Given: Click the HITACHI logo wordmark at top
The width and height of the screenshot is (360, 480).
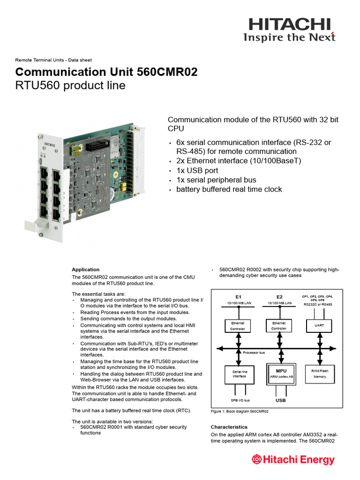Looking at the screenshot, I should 289,24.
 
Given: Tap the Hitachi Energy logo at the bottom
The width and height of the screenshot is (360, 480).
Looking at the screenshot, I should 293,459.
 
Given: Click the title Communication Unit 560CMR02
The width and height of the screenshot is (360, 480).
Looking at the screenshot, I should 106,72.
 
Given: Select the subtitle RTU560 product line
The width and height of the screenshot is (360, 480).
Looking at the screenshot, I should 70,85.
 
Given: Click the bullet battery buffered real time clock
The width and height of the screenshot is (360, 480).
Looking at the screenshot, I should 229,189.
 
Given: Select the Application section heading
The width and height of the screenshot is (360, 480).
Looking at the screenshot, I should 85,270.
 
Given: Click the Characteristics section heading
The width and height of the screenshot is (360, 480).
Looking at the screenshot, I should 229,427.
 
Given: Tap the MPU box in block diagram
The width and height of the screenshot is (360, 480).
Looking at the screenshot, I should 281,374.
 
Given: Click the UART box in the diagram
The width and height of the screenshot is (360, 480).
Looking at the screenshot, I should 319,325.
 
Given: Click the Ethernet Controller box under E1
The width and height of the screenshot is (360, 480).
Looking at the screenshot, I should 238,326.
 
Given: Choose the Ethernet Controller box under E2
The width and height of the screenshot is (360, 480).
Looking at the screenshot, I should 279,325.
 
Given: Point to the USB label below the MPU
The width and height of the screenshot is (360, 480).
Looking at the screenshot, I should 280,401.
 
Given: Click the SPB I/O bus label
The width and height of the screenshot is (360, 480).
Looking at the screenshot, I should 240,401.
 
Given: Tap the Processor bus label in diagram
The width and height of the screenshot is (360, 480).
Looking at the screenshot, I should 254,352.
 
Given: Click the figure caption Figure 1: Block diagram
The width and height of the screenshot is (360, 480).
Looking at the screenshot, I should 240,412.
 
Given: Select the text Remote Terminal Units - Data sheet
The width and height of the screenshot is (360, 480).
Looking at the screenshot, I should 53,60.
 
